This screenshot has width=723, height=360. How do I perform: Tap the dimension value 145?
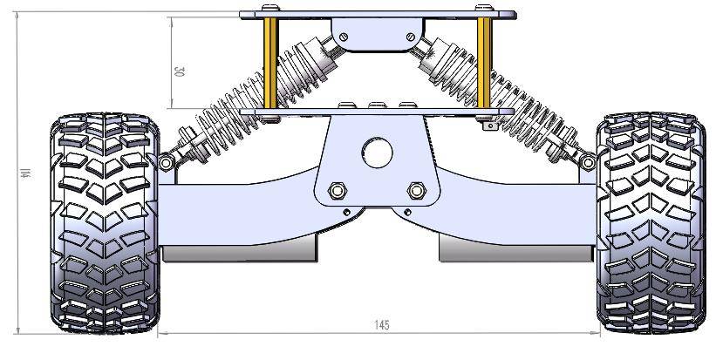pyautogui.click(x=381, y=325)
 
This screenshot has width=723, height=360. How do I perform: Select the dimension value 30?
pyautogui.click(x=179, y=71)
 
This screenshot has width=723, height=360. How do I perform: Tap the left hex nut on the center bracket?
pyautogui.click(x=337, y=190)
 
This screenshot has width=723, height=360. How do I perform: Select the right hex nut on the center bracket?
pyautogui.click(x=417, y=190)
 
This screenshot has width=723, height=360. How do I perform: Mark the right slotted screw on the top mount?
pyautogui.click(x=410, y=37)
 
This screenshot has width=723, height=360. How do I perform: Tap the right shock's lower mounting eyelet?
pyautogui.click(x=589, y=162)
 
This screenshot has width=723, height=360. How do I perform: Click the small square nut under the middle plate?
pyautogui.click(x=488, y=127)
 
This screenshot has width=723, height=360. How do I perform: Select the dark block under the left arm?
pyautogui.click(x=240, y=253)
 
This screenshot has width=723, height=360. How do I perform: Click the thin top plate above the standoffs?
pyautogui.click(x=377, y=14)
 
